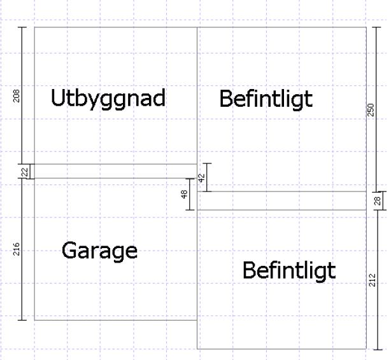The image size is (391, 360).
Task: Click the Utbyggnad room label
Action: tap(108, 99)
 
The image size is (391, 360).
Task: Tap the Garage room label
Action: tap(99, 250)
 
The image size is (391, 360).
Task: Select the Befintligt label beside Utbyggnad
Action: tap(266, 99)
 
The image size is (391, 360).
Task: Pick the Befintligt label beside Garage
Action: tap(288, 271)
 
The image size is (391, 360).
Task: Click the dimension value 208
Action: tap(17, 95)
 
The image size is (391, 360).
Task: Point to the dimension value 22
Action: tap(24, 171)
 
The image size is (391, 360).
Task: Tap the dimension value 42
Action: tap(201, 178)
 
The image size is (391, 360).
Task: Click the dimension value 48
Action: tap(185, 195)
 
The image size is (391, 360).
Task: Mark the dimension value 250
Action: tap(371, 109)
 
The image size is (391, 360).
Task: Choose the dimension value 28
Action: tap(377, 201)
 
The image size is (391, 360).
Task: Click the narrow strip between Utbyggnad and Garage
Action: tap(115, 171)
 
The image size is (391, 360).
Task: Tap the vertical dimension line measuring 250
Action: tap(377, 64)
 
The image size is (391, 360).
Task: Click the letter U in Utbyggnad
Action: tap(58, 99)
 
